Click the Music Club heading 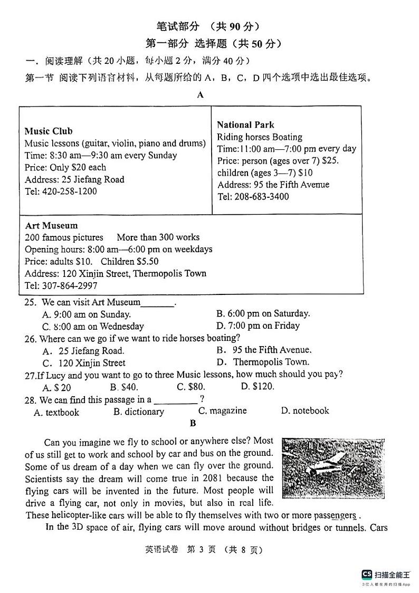coord(49,131)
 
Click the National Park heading coord(245,125)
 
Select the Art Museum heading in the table coord(51,225)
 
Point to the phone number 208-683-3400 coord(261,197)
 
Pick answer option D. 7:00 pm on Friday coord(258,326)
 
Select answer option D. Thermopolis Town coord(263,362)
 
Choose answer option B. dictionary coord(139,412)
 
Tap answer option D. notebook coord(304,410)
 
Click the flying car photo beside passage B coord(332,468)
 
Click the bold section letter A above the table coord(200,95)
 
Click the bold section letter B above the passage coord(193,423)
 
